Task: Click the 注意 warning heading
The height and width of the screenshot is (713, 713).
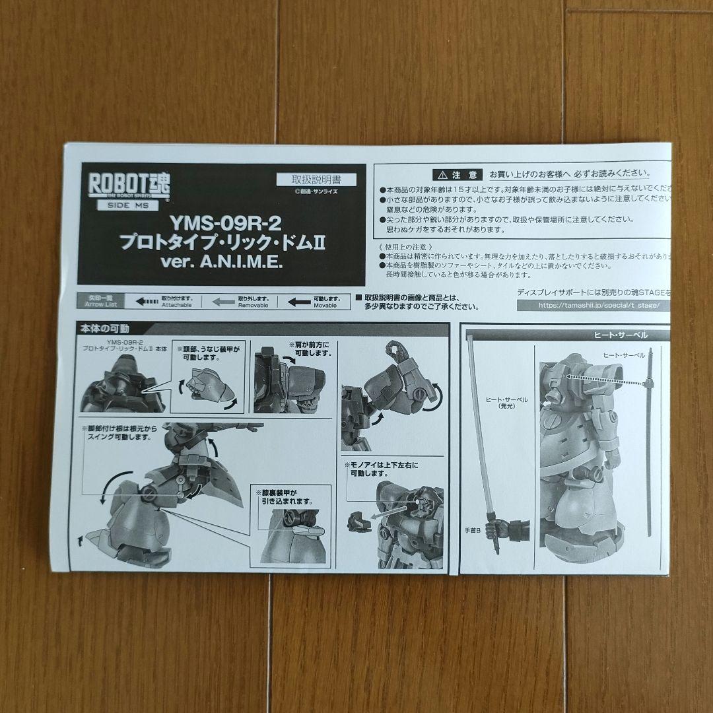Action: coord(456,175)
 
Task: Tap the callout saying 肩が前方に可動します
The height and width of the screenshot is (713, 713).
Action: coord(310,349)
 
